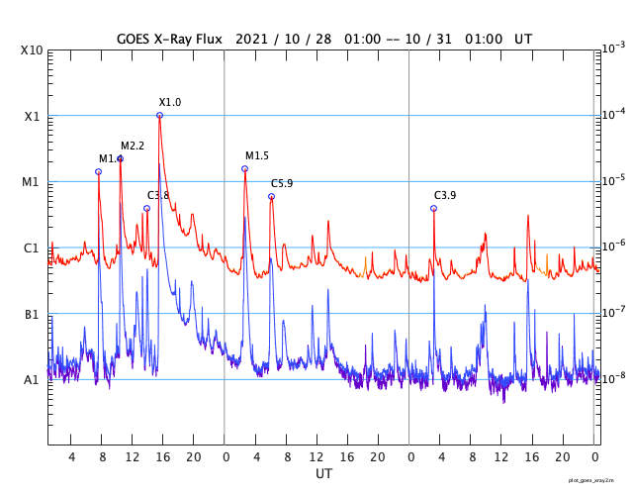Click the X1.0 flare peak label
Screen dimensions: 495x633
click(170, 103)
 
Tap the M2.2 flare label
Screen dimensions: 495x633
click(133, 147)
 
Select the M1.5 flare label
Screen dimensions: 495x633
click(257, 156)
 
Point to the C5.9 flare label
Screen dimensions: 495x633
click(282, 184)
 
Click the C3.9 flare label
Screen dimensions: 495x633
click(445, 196)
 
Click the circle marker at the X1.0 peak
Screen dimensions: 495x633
click(159, 116)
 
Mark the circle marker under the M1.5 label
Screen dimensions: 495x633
click(244, 169)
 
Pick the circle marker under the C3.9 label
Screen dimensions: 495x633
click(433, 208)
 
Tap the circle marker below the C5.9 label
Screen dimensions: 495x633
click(271, 197)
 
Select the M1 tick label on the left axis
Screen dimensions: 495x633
click(31, 182)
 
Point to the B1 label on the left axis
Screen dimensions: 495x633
click(31, 315)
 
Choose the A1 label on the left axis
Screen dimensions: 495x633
click(31, 380)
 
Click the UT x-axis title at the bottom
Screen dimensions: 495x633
click(323, 474)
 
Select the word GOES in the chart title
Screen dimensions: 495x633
click(136, 39)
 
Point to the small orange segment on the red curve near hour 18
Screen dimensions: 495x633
click(547, 263)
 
